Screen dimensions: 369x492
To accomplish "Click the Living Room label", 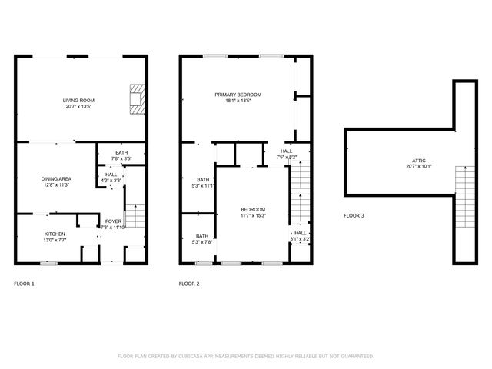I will tap(78, 100).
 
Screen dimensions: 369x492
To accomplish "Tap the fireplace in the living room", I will tap(136, 98).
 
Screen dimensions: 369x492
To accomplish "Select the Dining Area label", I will tap(56, 178).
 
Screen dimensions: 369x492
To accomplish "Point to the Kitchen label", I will tap(55, 234).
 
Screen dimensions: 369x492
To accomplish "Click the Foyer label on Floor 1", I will tap(113, 221).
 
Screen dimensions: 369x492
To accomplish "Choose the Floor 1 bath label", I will tap(121, 153).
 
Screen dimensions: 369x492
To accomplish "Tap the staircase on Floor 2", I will tap(299, 196).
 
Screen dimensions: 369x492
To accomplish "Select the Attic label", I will tap(419, 160).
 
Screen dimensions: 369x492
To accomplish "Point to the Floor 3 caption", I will tap(354, 216).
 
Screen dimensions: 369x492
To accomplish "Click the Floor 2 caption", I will tap(189, 284).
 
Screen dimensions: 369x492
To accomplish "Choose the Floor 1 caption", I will tap(24, 284).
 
